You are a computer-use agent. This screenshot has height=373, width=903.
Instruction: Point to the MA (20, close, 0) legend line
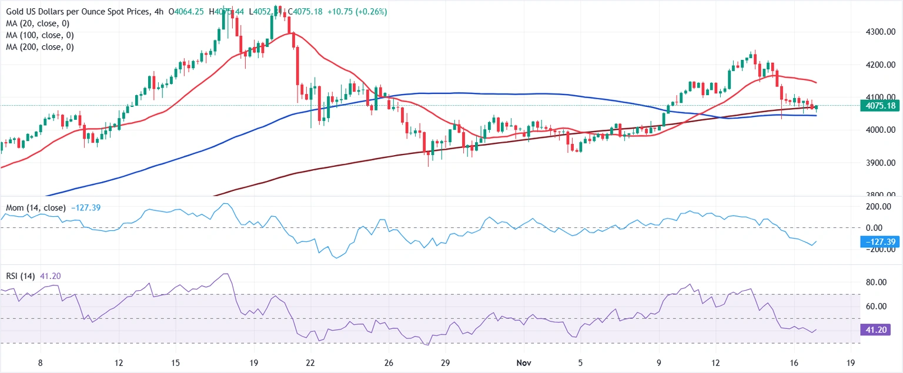click(39, 23)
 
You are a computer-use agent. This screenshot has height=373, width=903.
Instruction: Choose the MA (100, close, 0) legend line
click(41, 35)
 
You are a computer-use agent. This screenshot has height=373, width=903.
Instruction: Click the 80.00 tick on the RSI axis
click(875, 283)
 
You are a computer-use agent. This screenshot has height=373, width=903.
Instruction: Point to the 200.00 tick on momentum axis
click(875, 207)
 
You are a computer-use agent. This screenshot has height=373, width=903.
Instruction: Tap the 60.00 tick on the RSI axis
click(875, 307)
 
